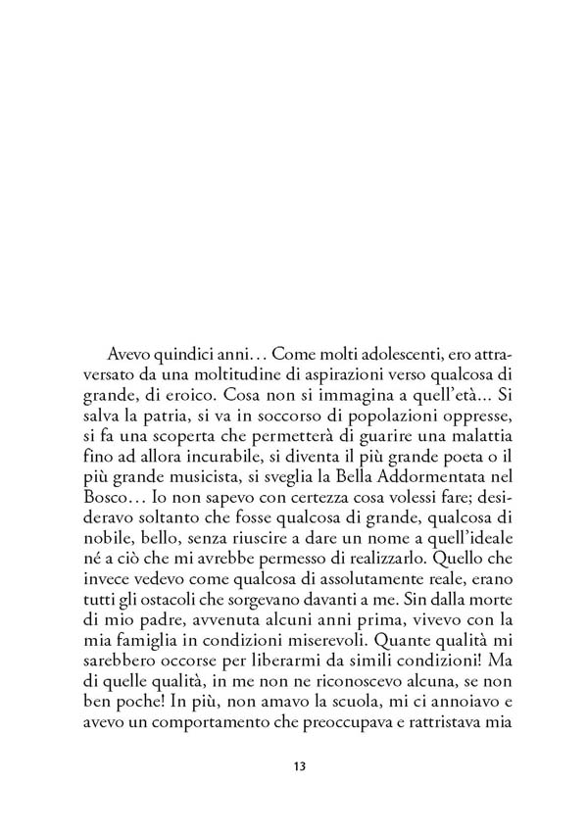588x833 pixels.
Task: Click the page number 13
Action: [300, 765]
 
